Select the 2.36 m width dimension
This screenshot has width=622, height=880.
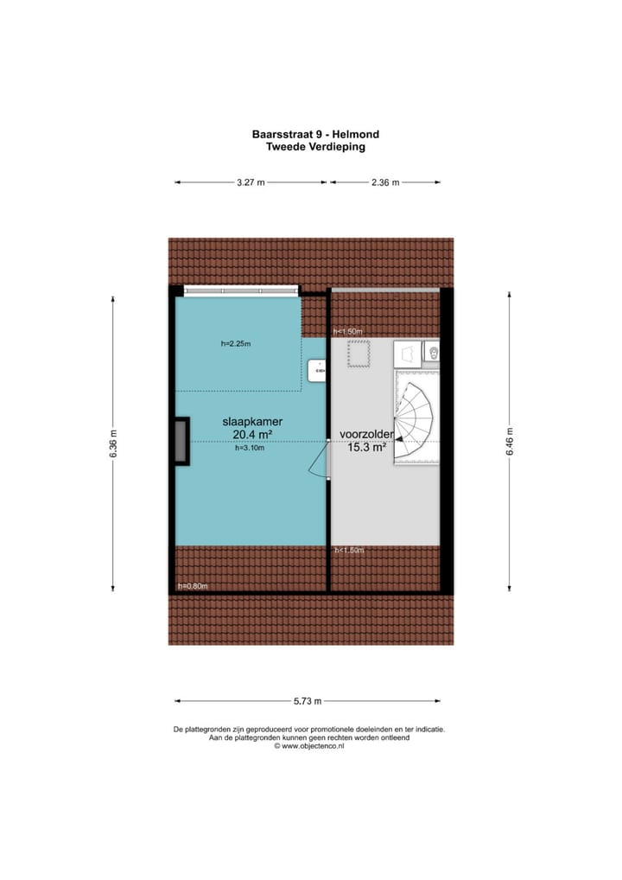[384, 182]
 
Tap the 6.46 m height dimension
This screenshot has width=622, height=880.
[509, 443]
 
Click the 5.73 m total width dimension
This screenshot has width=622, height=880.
[306, 701]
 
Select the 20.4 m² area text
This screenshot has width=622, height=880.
[252, 435]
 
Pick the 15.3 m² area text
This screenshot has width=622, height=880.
[366, 448]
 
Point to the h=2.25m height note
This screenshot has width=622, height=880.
[236, 344]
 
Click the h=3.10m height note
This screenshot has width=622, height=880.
[250, 449]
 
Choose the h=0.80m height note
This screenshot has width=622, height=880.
[193, 586]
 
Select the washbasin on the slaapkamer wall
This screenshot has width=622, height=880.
[318, 370]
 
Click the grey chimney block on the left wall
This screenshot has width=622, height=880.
[181, 442]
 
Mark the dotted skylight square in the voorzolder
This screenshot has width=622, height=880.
[359, 354]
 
